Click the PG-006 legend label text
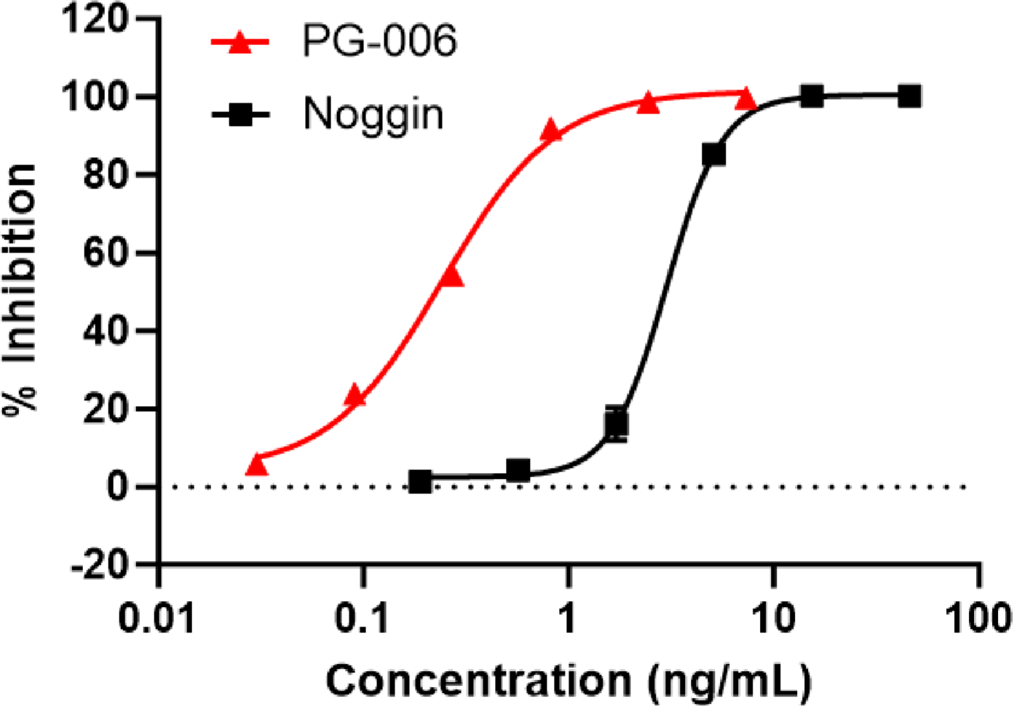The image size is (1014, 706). (379, 41)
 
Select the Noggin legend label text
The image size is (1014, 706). (373, 114)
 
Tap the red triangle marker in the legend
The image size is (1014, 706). (240, 43)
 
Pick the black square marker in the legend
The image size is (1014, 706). (240, 115)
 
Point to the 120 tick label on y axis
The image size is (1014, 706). (95, 20)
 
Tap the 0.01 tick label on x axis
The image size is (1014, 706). (157, 619)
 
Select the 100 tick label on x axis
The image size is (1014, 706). (978, 619)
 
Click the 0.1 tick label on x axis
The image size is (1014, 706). (363, 619)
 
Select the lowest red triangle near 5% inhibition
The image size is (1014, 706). (256, 464)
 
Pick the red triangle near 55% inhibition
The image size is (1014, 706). (452, 275)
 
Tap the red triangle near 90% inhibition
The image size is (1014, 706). (551, 131)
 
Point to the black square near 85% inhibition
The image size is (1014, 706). (714, 155)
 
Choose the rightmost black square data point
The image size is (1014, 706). (909, 96)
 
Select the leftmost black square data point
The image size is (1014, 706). (420, 482)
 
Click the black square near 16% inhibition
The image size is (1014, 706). (617, 423)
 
